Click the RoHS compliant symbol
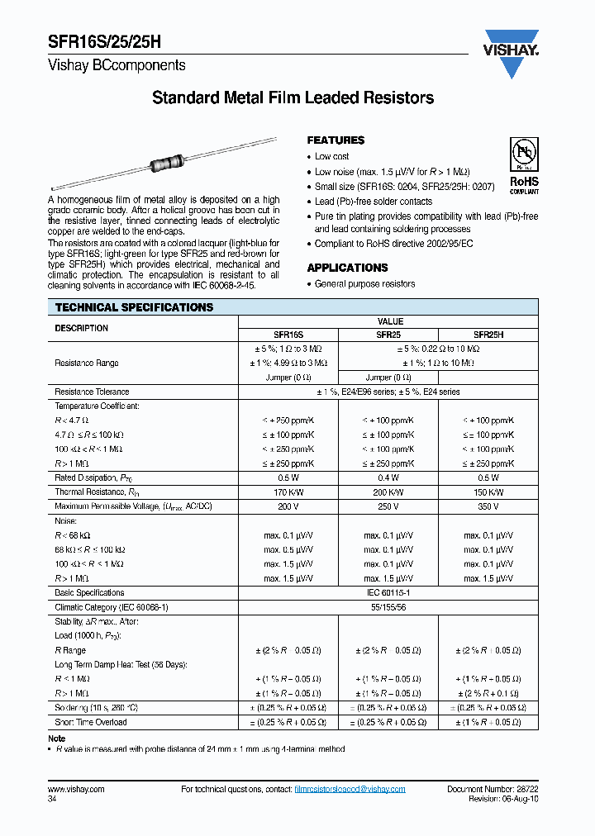523,168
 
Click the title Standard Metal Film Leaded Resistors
293,98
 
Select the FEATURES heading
336,140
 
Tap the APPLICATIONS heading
347,268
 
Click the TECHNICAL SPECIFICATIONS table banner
134,307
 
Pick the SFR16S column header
288,335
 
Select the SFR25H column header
488,335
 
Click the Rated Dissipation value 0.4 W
388,477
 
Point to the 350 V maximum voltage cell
488,506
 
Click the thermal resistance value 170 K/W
288,492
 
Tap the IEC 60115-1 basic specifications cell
388,592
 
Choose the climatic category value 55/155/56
388,606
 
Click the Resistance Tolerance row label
92,392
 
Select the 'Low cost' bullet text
332,156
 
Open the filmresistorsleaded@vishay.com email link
350,790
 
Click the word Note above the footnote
57,739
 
